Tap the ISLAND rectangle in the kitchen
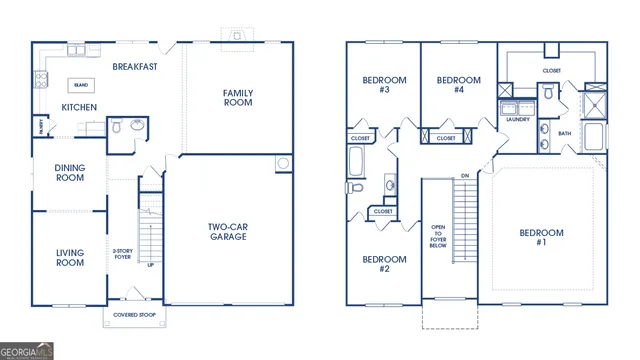click(81, 86)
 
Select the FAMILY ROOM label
click(238, 98)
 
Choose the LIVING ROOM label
click(69, 258)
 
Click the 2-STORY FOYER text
click(122, 254)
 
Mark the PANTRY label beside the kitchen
click(41, 126)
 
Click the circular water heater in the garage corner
click(283, 163)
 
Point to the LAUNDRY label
click(517, 119)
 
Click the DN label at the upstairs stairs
click(464, 177)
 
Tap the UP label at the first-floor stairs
click(151, 265)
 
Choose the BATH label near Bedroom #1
click(564, 133)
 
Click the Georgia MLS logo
click(27, 351)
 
